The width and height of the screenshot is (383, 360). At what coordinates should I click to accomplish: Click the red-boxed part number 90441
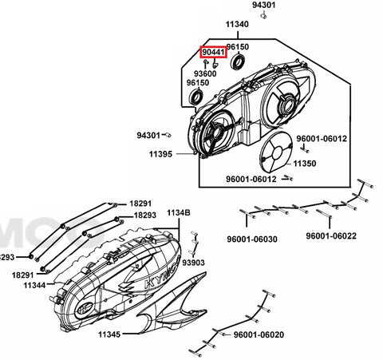click(213, 52)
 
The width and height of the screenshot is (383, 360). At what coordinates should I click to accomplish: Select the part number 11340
click(237, 24)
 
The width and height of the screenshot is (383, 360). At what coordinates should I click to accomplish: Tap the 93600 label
click(205, 73)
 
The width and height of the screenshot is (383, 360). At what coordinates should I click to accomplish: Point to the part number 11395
click(160, 154)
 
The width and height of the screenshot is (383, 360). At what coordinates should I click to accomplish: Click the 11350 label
click(305, 164)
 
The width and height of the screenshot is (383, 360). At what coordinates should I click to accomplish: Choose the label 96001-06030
click(252, 239)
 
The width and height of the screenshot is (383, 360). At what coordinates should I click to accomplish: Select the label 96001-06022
click(331, 235)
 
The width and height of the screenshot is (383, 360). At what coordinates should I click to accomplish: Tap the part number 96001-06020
click(259, 334)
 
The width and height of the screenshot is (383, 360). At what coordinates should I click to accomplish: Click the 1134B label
click(179, 213)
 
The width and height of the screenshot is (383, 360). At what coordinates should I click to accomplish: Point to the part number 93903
click(193, 263)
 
